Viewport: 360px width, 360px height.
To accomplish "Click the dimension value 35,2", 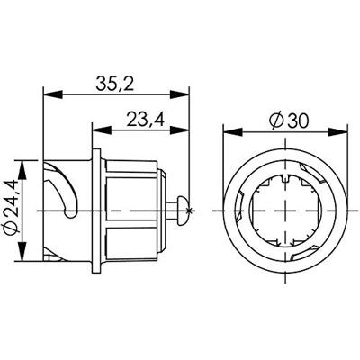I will [116, 84].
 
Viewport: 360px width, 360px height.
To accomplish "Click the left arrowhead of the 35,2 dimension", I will [50, 94].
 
